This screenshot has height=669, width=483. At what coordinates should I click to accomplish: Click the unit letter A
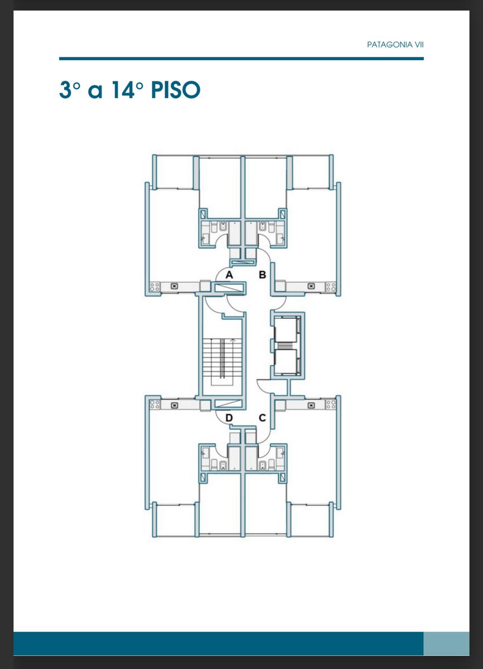[x=229, y=274]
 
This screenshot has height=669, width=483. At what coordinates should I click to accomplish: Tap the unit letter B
[x=262, y=274]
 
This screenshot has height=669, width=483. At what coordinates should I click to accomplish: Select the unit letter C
[x=262, y=418]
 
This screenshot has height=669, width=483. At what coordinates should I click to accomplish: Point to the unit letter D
[x=229, y=418]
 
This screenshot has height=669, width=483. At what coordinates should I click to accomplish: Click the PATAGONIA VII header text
[x=395, y=45]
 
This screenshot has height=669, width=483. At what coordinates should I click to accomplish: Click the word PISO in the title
[x=176, y=90]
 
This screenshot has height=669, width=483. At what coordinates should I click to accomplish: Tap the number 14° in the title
[x=127, y=90]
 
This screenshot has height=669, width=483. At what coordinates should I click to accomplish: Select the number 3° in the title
[x=70, y=90]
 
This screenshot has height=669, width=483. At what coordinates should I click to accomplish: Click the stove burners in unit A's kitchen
[x=154, y=287]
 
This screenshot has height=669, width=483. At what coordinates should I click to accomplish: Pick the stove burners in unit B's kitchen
[x=331, y=287]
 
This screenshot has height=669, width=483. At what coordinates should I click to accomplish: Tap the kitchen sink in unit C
[x=311, y=405]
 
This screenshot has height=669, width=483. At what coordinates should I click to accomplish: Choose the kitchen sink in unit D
[x=175, y=405]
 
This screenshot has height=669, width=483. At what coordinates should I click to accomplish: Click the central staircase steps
[x=222, y=358]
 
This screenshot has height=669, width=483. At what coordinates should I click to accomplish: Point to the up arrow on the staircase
[x=233, y=340]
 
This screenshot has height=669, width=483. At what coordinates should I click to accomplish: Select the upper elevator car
[x=285, y=330]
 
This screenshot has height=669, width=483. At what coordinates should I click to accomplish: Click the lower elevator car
[x=285, y=361]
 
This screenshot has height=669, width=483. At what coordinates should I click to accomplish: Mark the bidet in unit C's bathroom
[x=262, y=466]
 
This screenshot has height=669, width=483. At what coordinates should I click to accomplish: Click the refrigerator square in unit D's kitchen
[x=205, y=406]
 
